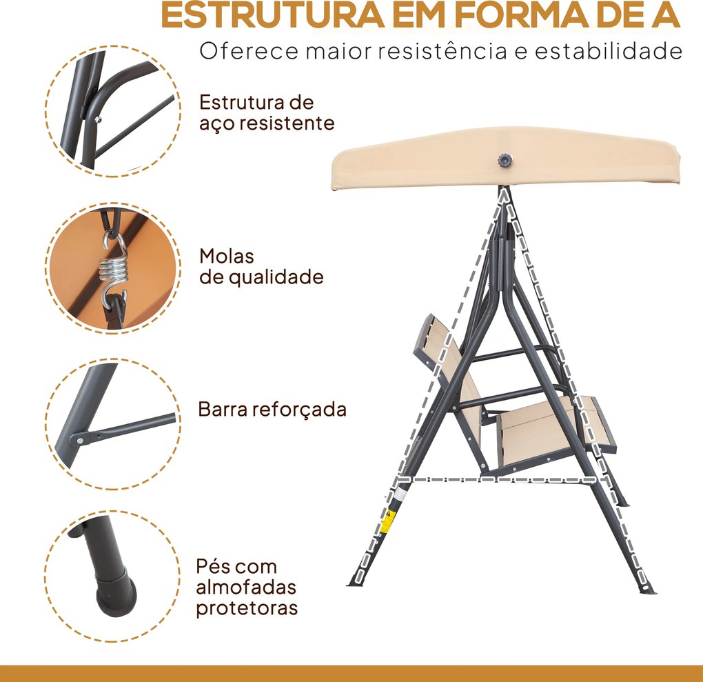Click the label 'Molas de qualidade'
261,267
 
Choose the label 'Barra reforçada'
272,409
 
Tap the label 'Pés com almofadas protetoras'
247,588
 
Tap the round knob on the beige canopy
503,161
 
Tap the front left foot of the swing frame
358,578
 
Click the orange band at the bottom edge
351,673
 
